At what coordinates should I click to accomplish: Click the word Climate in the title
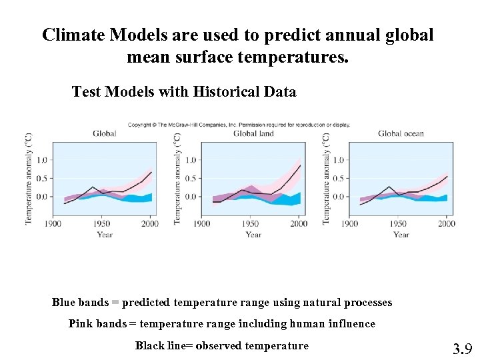pos(71,35)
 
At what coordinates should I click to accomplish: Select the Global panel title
pos(105,133)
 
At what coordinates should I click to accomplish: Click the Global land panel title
pos(253,133)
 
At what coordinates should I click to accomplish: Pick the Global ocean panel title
pos(401,133)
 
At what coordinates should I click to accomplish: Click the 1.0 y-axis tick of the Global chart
pos(41,160)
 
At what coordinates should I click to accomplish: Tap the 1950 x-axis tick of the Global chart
pos(102,223)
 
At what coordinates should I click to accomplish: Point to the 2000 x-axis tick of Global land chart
pos(299,223)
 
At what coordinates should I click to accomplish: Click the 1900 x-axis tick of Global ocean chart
pos(350,223)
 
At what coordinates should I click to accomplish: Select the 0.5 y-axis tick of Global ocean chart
pos(337,179)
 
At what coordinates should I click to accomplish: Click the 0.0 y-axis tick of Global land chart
pos(190,197)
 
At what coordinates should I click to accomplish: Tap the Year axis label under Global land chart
pos(253,234)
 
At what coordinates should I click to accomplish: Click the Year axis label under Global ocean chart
pos(401,234)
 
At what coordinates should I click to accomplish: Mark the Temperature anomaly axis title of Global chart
pos(28,179)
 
